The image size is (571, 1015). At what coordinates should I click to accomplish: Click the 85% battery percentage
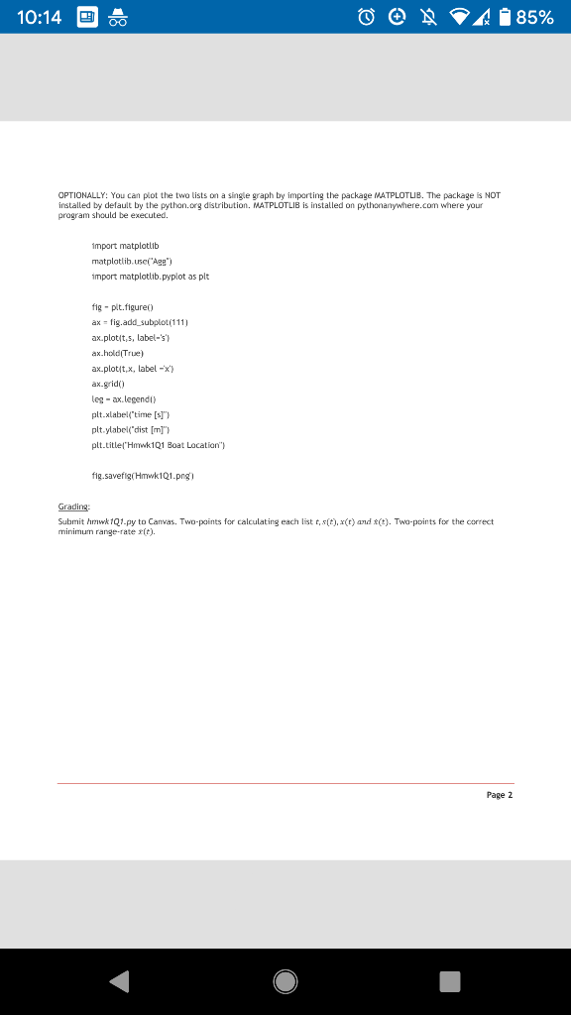[x=533, y=17]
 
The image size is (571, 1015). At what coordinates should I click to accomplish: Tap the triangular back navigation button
[x=119, y=980]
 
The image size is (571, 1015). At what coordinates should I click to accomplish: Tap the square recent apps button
[x=449, y=980]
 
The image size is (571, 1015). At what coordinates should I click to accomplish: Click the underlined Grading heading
[x=74, y=506]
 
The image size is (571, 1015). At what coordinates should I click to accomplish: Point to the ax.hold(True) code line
[x=117, y=352]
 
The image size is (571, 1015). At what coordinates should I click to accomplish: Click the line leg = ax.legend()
[x=124, y=395]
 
